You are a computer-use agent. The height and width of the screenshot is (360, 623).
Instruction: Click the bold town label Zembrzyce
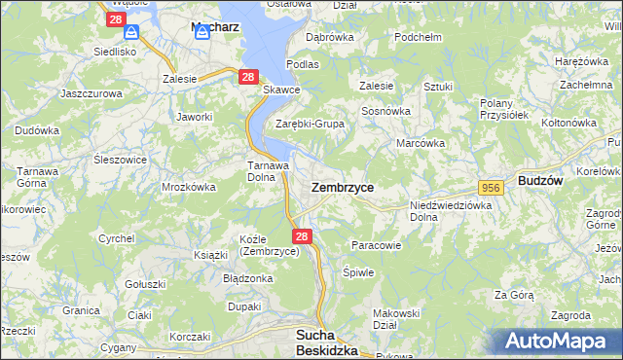342,186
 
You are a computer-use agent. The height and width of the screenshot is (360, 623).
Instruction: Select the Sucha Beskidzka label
326,342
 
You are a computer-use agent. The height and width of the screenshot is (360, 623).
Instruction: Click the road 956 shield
490,187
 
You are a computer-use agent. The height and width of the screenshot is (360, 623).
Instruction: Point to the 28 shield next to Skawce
248,77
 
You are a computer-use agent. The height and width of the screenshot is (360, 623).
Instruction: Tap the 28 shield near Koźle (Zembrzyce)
302,236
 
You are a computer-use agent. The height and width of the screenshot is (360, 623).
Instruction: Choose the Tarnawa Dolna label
267,171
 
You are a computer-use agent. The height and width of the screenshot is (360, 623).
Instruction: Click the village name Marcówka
421,143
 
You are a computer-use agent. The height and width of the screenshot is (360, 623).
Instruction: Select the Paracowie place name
376,245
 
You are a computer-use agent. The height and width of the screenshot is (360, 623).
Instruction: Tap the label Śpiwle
358,272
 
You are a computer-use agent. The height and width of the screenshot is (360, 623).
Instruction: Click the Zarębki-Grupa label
310,124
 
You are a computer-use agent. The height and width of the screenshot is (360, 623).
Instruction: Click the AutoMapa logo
557,341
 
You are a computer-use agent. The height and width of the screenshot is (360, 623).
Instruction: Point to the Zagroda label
569,315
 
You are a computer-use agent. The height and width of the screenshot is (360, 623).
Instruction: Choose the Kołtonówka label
568,123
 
